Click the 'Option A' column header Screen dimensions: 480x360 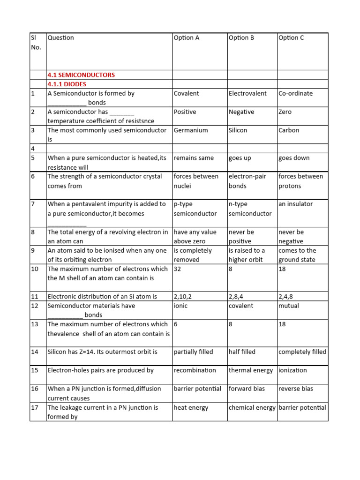(x=187, y=38)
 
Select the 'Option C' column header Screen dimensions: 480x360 (x=291, y=38)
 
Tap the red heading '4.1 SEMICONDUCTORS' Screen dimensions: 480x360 (x=81, y=75)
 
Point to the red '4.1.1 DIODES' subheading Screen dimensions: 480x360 (x=67, y=84)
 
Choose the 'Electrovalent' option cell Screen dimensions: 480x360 (x=247, y=93)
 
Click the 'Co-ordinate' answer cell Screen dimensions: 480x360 (x=295, y=93)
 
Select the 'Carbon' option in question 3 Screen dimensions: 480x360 (x=289, y=130)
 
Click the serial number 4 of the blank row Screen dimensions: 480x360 (x=33, y=149)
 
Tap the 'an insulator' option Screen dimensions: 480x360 (x=295, y=204)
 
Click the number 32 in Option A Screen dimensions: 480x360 (x=178, y=269)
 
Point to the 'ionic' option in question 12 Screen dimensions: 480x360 (x=180, y=306)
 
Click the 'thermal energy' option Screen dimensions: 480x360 (x=250, y=370)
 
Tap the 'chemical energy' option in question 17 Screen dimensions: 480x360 (x=252, y=407)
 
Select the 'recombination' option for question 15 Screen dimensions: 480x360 (x=195, y=370)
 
